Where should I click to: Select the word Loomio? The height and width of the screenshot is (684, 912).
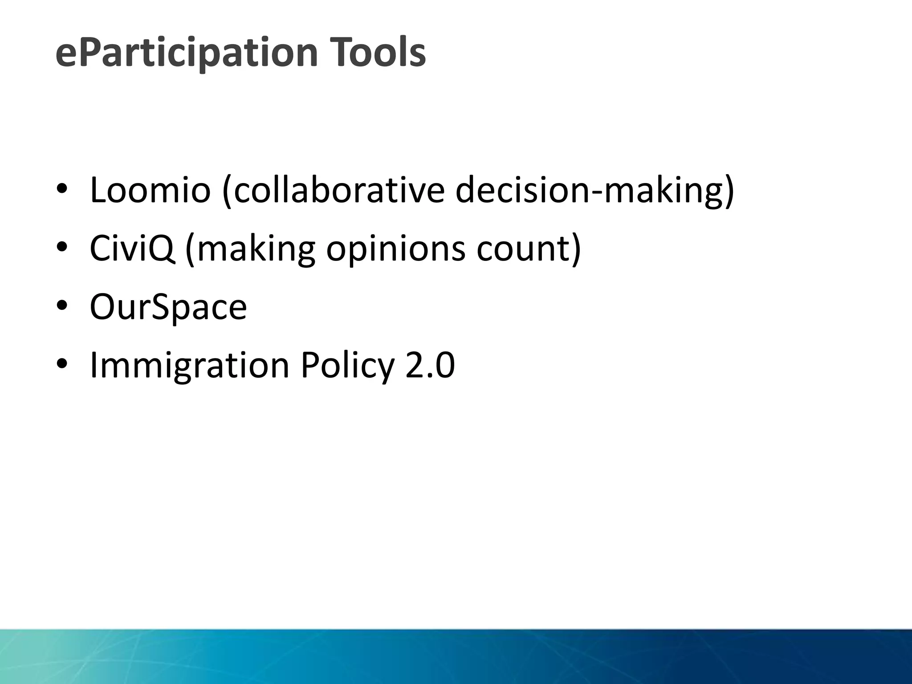click(150, 190)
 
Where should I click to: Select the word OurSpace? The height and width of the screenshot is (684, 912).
click(168, 307)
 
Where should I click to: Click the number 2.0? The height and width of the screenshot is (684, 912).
click(430, 365)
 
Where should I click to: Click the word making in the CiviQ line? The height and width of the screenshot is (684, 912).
click(256, 249)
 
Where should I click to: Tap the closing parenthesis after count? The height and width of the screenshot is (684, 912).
click(576, 249)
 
